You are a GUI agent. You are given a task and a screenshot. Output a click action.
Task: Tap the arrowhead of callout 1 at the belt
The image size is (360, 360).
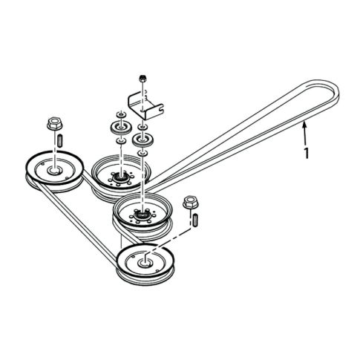(304, 128)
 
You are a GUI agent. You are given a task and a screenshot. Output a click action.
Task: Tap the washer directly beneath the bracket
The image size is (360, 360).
(140, 125)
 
